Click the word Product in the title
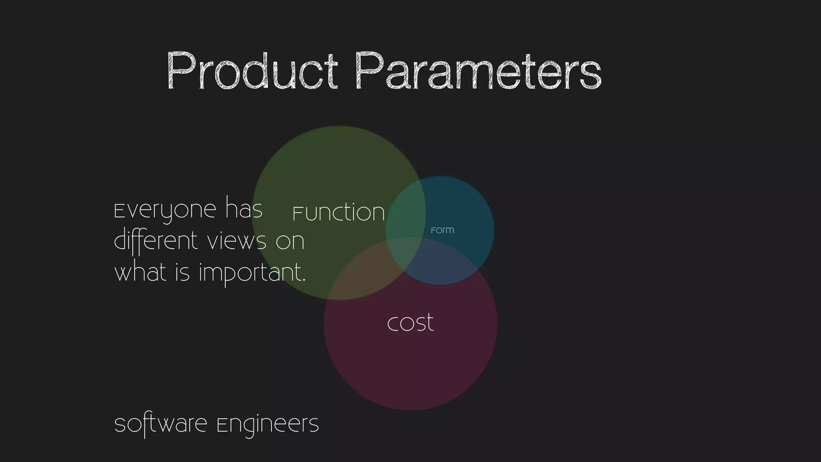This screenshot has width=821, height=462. [x=252, y=71]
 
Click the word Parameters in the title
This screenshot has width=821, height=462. [x=478, y=71]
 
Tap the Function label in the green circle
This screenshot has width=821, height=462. [x=339, y=212]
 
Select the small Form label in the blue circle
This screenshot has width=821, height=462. [x=442, y=230]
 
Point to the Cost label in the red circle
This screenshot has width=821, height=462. [x=410, y=322]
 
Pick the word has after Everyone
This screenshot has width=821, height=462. [x=244, y=209]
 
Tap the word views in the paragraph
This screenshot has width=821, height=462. [x=237, y=241]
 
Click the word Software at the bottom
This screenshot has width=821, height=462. [x=160, y=424]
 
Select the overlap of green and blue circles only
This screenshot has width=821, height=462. [x=405, y=217]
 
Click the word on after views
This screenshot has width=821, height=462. [x=290, y=241]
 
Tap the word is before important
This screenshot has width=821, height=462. [x=182, y=272]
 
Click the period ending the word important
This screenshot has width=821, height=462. [x=303, y=280]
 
